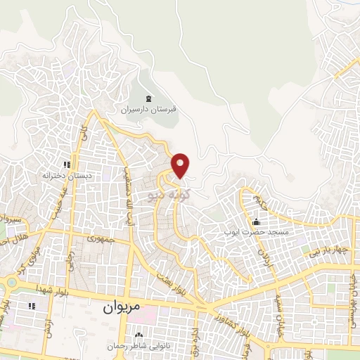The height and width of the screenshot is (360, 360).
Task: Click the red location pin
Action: click(181, 165)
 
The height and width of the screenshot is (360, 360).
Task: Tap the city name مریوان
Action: click(121, 307)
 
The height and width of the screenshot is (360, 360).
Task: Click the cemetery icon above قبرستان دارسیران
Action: click(148, 98)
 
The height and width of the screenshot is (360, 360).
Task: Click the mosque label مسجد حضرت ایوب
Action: click(255, 231)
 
